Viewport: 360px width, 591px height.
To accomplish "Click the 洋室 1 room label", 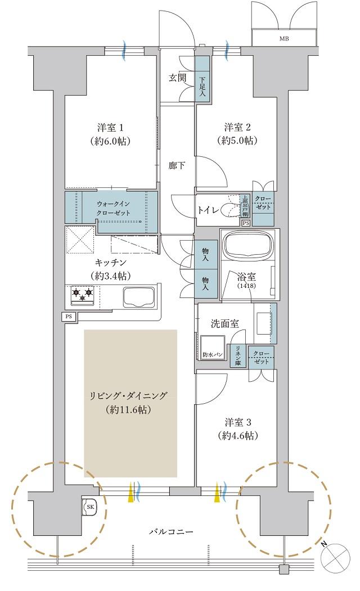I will pyautogui.click(x=110, y=127).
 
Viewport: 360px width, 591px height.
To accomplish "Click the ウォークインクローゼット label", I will pyautogui.click(x=114, y=209).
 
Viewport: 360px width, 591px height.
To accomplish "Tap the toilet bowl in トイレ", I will pyautogui.click(x=229, y=209).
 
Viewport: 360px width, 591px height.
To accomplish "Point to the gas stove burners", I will pyautogui.click(x=83, y=294).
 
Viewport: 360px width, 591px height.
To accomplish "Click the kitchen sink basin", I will pyautogui.click(x=137, y=296).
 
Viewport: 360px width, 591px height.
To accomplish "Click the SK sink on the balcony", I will pyautogui.click(x=90, y=507).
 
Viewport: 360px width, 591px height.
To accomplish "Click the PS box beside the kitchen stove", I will pyautogui.click(x=69, y=317).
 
